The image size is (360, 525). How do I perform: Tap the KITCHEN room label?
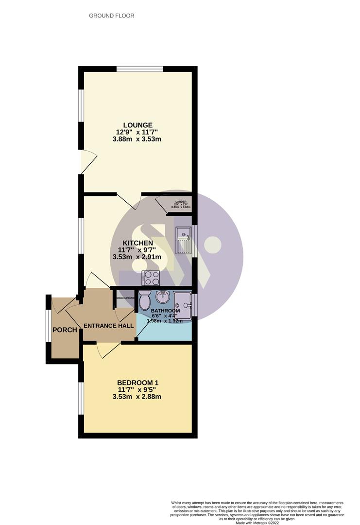[137, 243]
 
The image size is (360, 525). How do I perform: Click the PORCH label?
[65, 330]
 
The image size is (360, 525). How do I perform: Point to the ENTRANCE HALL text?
[108, 326]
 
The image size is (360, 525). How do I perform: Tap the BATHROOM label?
[165, 311]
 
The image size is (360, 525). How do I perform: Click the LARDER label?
[181, 201]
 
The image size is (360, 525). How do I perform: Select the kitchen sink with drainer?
[183, 240]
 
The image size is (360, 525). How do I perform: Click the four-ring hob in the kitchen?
[152, 278]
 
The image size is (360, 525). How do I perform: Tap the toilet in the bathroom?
[145, 300]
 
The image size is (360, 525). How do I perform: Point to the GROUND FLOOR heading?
[112, 16]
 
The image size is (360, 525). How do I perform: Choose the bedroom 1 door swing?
[108, 349]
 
